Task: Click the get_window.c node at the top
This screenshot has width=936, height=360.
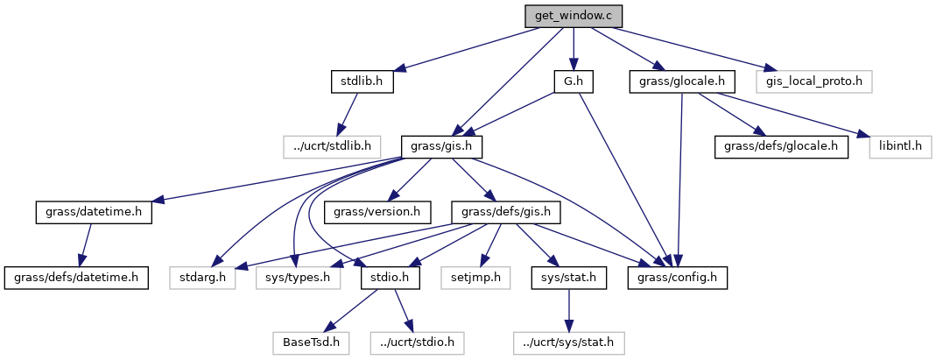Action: pos(574,16)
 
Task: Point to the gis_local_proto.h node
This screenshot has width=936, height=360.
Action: pos(814,81)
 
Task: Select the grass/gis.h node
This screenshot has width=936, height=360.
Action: pos(442,146)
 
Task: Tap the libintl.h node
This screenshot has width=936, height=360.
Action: pos(900,146)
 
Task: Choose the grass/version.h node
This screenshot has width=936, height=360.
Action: pos(377,212)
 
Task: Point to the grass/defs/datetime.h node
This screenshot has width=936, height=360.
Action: pos(75,278)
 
